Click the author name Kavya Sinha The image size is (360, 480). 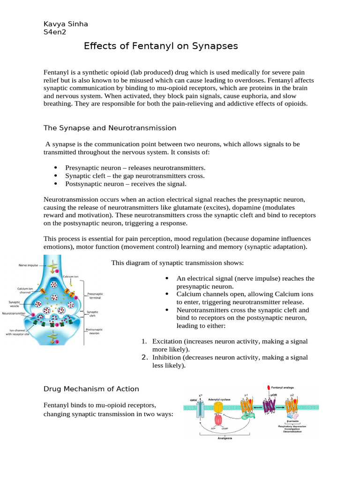point(65,24)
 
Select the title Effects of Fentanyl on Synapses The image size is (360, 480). point(161,46)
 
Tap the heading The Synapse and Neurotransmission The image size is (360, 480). point(110,127)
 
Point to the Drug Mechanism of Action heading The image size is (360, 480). point(91,389)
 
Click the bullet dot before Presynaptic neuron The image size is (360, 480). point(56,168)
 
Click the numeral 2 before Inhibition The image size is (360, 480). point(145,358)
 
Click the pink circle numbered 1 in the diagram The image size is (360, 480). point(57,270)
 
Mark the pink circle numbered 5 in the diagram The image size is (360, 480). point(57,342)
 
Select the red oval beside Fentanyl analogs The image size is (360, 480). point(268,388)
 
